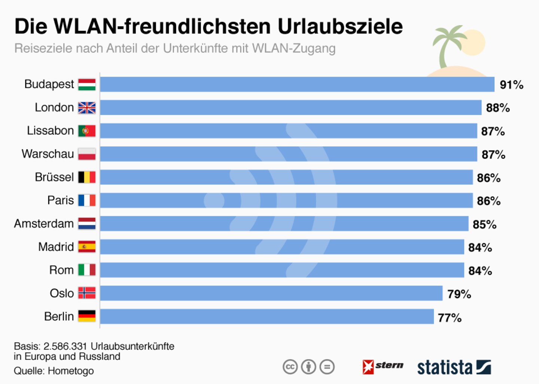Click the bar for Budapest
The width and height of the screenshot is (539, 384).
297,84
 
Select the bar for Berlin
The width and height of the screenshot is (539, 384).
267,317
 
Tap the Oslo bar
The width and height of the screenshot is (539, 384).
271,293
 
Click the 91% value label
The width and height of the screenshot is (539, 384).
511,85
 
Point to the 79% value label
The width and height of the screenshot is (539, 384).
459,294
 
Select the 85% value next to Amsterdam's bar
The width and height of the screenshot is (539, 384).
484,225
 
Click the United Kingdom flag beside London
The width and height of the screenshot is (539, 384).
87,108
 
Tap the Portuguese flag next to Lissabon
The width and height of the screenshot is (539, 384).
87,131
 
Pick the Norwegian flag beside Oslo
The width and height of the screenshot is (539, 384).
87,293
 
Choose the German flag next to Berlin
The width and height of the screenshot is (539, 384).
87,316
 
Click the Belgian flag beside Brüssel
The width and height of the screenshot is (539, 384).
87,177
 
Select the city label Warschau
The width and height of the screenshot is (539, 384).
48,154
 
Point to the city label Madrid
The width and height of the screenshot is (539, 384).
56,247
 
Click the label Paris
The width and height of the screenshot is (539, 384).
61,201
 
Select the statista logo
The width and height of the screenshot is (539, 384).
454,367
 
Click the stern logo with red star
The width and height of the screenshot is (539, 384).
383,366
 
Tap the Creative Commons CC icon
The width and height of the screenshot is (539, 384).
290,367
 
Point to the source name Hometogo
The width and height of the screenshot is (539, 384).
71,371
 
